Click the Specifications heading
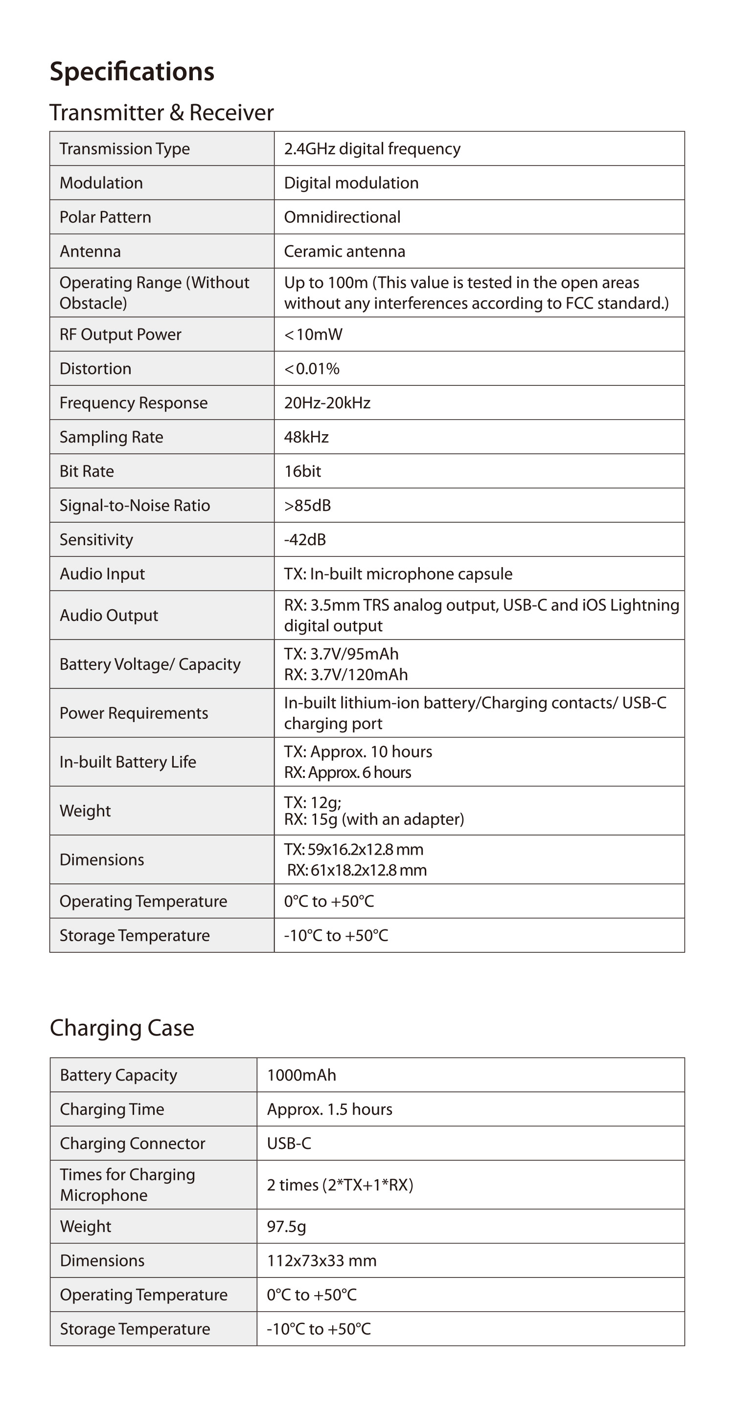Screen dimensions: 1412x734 pos(132,72)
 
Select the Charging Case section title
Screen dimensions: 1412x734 pos(122,1028)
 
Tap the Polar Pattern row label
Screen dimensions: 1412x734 pos(105,217)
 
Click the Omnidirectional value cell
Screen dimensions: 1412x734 pos(342,217)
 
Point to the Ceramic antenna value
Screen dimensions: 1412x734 pos(344,251)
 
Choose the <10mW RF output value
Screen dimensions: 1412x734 pos(313,334)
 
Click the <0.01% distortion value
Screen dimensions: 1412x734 pos(312,368)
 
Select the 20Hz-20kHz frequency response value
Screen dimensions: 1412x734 pos(327,403)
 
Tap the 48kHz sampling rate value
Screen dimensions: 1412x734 pos(306,437)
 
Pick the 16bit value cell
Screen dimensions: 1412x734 pos(302,471)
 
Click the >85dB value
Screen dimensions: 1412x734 pos(307,506)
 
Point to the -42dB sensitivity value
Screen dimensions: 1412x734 pos(305,539)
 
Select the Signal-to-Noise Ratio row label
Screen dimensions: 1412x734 pos(135,506)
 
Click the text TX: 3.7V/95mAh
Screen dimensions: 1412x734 pos(341,654)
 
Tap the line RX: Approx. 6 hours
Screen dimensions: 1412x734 pos(347,772)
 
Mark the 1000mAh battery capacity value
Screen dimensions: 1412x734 pos(301,1075)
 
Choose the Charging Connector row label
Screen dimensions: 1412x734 pos(132,1143)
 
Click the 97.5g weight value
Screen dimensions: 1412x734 pos(286,1226)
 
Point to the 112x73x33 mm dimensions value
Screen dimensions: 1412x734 pos(321,1261)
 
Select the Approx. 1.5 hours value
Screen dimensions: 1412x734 pos(330,1109)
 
